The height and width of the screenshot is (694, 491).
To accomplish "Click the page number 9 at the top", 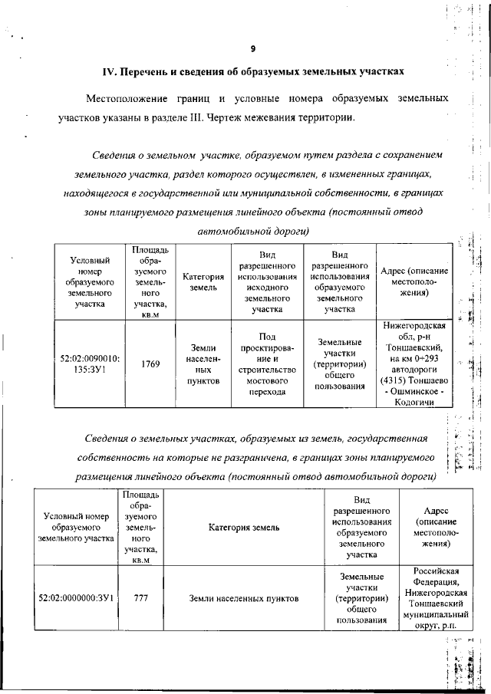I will tap(252, 49).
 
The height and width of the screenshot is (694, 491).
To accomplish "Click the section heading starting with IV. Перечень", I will tap(252, 72).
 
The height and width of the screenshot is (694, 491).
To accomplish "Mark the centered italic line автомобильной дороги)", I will tap(252, 230).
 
